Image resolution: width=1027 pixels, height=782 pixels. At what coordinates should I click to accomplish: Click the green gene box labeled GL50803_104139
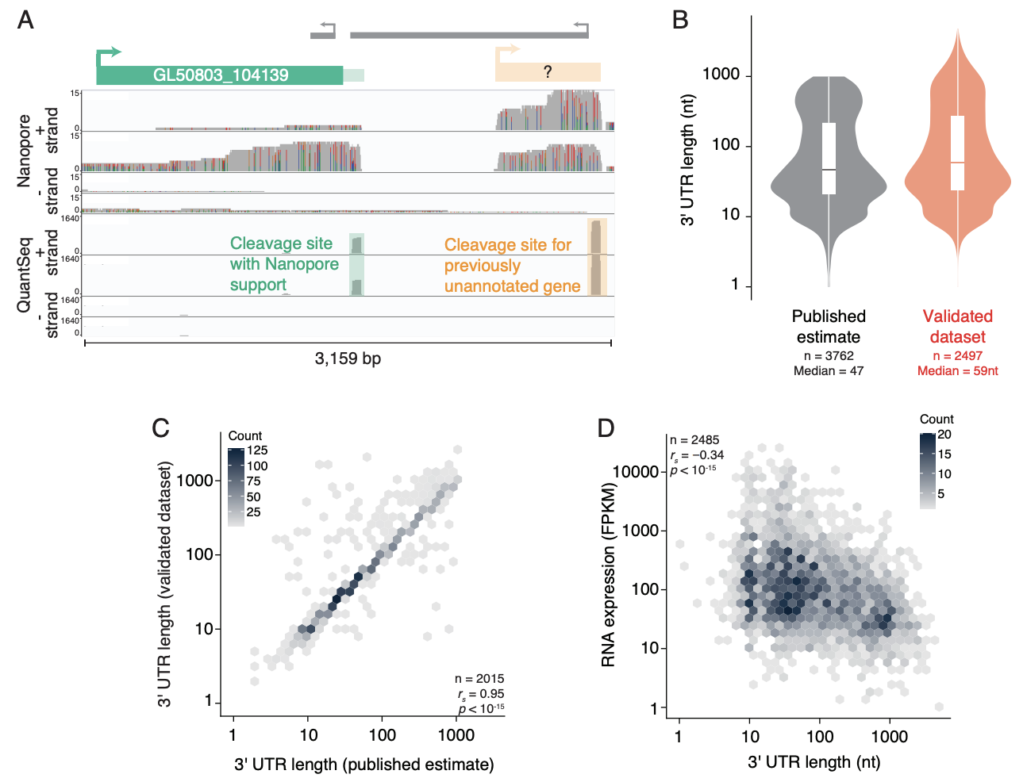point(220,75)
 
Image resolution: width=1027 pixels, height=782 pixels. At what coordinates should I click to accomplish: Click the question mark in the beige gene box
point(548,72)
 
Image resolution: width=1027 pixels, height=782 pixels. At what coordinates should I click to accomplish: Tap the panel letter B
point(680,20)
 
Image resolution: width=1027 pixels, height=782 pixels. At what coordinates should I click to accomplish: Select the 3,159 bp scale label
point(348,358)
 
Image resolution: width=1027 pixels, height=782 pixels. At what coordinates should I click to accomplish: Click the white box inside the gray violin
point(829,159)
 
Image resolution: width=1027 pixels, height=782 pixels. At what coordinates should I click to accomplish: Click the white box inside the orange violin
point(957,153)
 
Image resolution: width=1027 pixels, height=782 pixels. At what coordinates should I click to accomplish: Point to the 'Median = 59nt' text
point(957,371)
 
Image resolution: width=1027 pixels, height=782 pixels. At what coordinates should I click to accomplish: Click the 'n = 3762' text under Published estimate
point(829,356)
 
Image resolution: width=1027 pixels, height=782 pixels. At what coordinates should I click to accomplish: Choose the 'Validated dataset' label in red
point(957,327)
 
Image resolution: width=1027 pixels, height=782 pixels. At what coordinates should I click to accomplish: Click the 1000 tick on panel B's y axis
point(721,75)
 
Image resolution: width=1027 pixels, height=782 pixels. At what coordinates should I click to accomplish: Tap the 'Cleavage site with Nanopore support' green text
point(284,264)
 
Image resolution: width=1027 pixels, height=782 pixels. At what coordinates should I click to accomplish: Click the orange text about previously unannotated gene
point(512,266)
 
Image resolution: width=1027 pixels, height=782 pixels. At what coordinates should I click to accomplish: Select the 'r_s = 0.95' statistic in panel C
point(481,694)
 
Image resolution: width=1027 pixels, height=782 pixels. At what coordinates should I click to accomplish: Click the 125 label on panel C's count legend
point(257,450)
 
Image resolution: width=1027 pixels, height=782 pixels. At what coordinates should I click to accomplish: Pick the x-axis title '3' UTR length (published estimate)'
point(363,765)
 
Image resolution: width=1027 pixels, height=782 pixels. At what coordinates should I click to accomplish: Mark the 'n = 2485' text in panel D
point(694,440)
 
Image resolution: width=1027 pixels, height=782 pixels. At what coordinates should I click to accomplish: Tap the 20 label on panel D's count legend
point(944,435)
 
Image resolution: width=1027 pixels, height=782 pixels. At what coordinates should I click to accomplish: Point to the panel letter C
point(161,428)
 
